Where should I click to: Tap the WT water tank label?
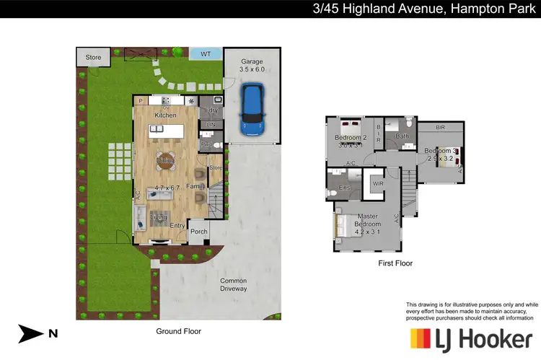coord(205,54)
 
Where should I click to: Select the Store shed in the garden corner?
coord(94,57)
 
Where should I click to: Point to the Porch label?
coord(198,232)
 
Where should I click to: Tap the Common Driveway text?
coord(233,285)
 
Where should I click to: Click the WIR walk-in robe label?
coord(378,184)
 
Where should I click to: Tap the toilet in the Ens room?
coord(333,192)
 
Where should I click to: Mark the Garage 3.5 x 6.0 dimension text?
coord(251,65)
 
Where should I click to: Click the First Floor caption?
coord(395,263)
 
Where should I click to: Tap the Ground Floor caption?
coord(178,331)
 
